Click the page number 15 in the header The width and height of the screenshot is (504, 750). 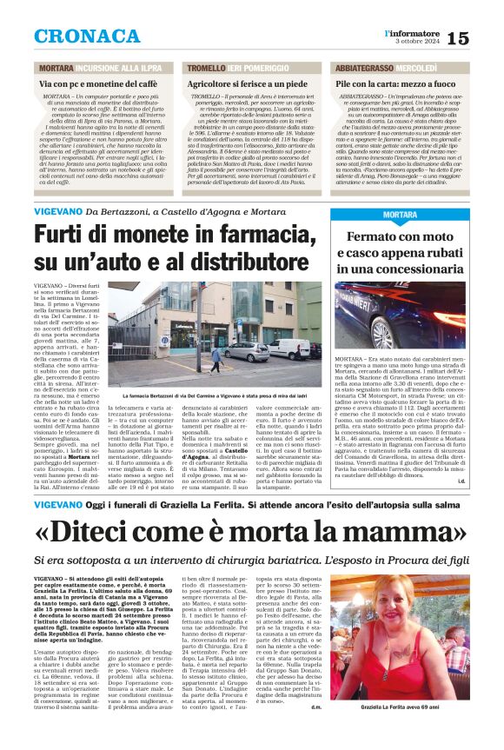(484, 37)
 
